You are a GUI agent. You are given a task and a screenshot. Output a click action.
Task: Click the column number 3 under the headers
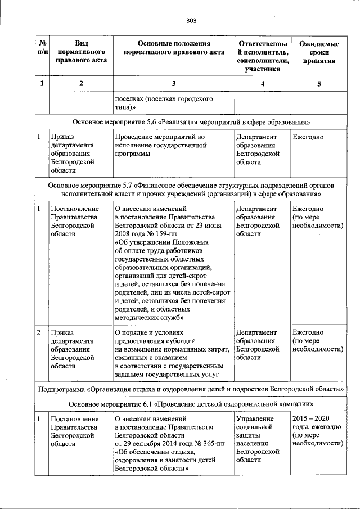tap(173, 84)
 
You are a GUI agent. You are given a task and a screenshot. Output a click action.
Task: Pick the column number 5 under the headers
tap(319, 84)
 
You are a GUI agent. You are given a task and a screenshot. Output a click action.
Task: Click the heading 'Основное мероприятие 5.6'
tap(192, 122)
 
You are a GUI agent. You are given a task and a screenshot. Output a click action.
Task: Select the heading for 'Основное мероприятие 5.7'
tap(192, 189)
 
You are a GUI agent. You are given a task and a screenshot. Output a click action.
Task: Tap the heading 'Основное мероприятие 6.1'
tap(192, 404)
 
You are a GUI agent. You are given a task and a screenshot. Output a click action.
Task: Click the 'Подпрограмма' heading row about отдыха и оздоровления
tap(192, 389)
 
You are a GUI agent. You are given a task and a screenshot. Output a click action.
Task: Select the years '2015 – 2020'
tap(310, 419)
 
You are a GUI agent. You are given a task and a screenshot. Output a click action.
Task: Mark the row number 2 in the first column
tap(38, 333)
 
